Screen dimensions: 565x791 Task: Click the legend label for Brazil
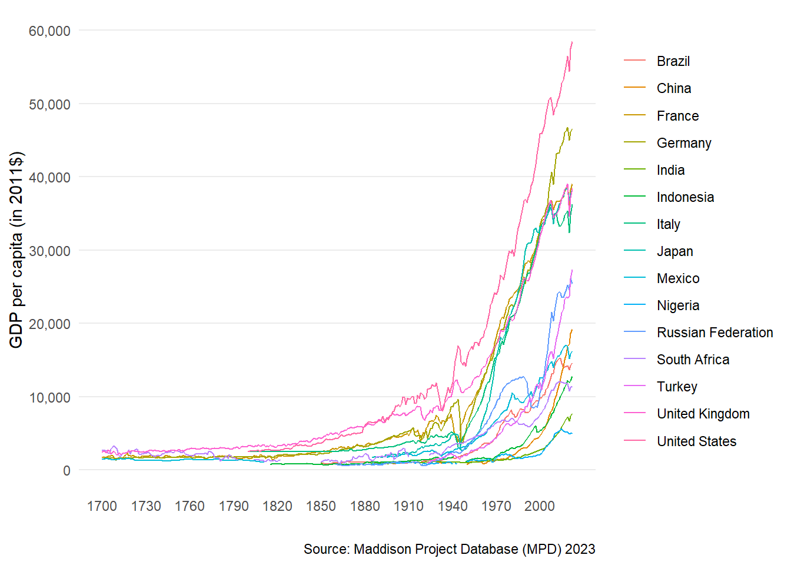[673, 61]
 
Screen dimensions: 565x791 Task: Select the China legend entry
[674, 88]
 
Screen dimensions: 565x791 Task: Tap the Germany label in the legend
[684, 143]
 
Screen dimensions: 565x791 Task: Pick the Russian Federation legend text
[714, 333]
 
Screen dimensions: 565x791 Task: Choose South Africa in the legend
[693, 360]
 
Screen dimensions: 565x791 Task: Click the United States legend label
[696, 441]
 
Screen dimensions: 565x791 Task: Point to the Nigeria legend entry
[678, 305]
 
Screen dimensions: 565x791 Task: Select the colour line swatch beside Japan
[634, 251]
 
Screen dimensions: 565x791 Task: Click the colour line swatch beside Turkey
[634, 387]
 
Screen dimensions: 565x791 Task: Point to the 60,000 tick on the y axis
[49, 31]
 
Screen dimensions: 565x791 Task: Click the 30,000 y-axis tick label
[49, 251]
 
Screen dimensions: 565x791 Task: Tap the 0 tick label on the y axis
[67, 470]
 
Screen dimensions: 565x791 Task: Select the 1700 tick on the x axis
[102, 506]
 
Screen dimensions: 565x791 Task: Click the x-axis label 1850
[321, 506]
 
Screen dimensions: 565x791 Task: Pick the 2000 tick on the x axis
[540, 506]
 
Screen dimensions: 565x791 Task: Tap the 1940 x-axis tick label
[452, 506]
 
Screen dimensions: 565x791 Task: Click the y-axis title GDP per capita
[16, 250]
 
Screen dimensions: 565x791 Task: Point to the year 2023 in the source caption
[580, 549]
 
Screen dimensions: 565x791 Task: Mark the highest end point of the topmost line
[572, 42]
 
